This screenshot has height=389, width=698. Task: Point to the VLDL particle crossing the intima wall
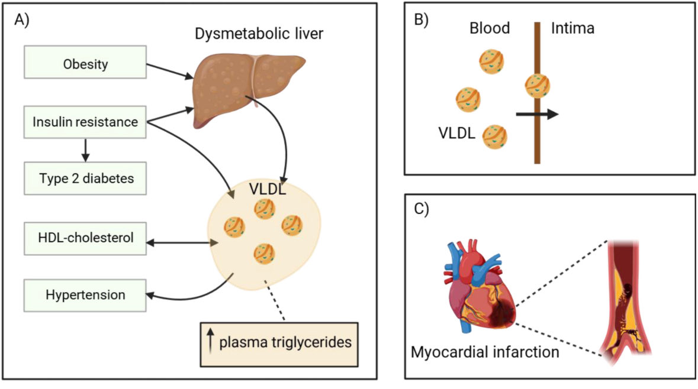(538, 86)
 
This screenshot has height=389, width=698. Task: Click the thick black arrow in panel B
(536, 114)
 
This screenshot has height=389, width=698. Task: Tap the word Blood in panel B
(490, 28)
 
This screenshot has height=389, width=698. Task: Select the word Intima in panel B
(572, 28)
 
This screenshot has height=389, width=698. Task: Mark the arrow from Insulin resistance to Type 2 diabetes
(86, 150)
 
